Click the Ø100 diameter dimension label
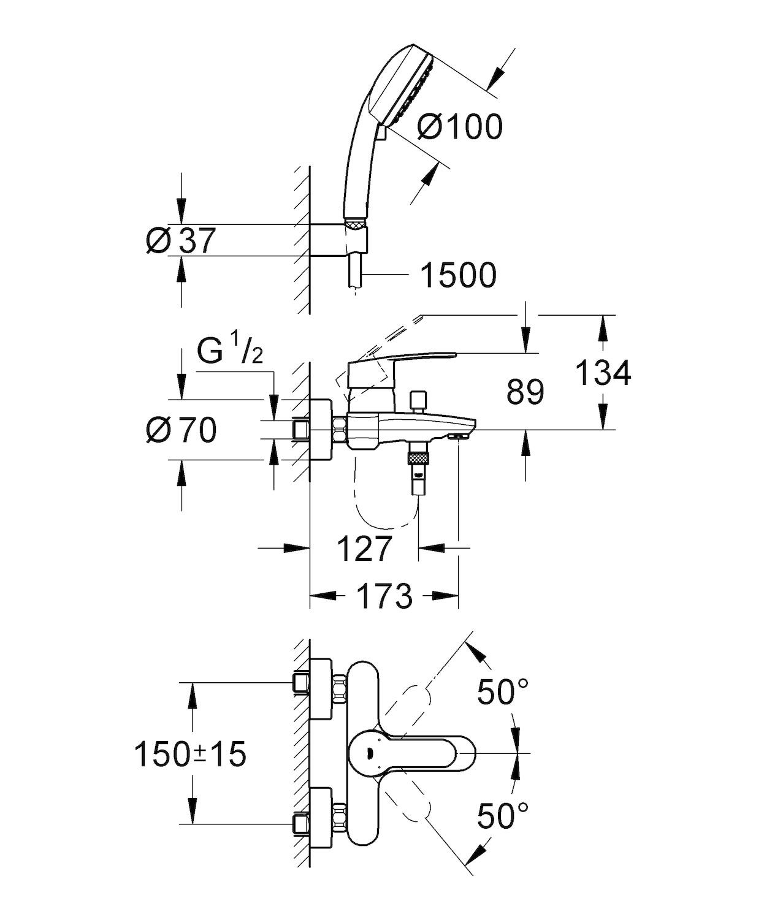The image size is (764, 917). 459,127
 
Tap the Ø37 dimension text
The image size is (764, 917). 181,240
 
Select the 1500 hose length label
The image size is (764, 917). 457,276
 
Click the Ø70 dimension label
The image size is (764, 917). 181,430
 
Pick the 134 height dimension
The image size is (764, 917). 603,373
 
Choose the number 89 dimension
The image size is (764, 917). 525,392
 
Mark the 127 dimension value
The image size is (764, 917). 364,548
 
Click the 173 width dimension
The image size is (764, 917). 384,596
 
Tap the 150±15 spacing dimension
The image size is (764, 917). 190,754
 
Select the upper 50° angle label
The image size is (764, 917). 503,692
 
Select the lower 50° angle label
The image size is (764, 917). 503,816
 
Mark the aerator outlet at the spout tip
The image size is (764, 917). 459,436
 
